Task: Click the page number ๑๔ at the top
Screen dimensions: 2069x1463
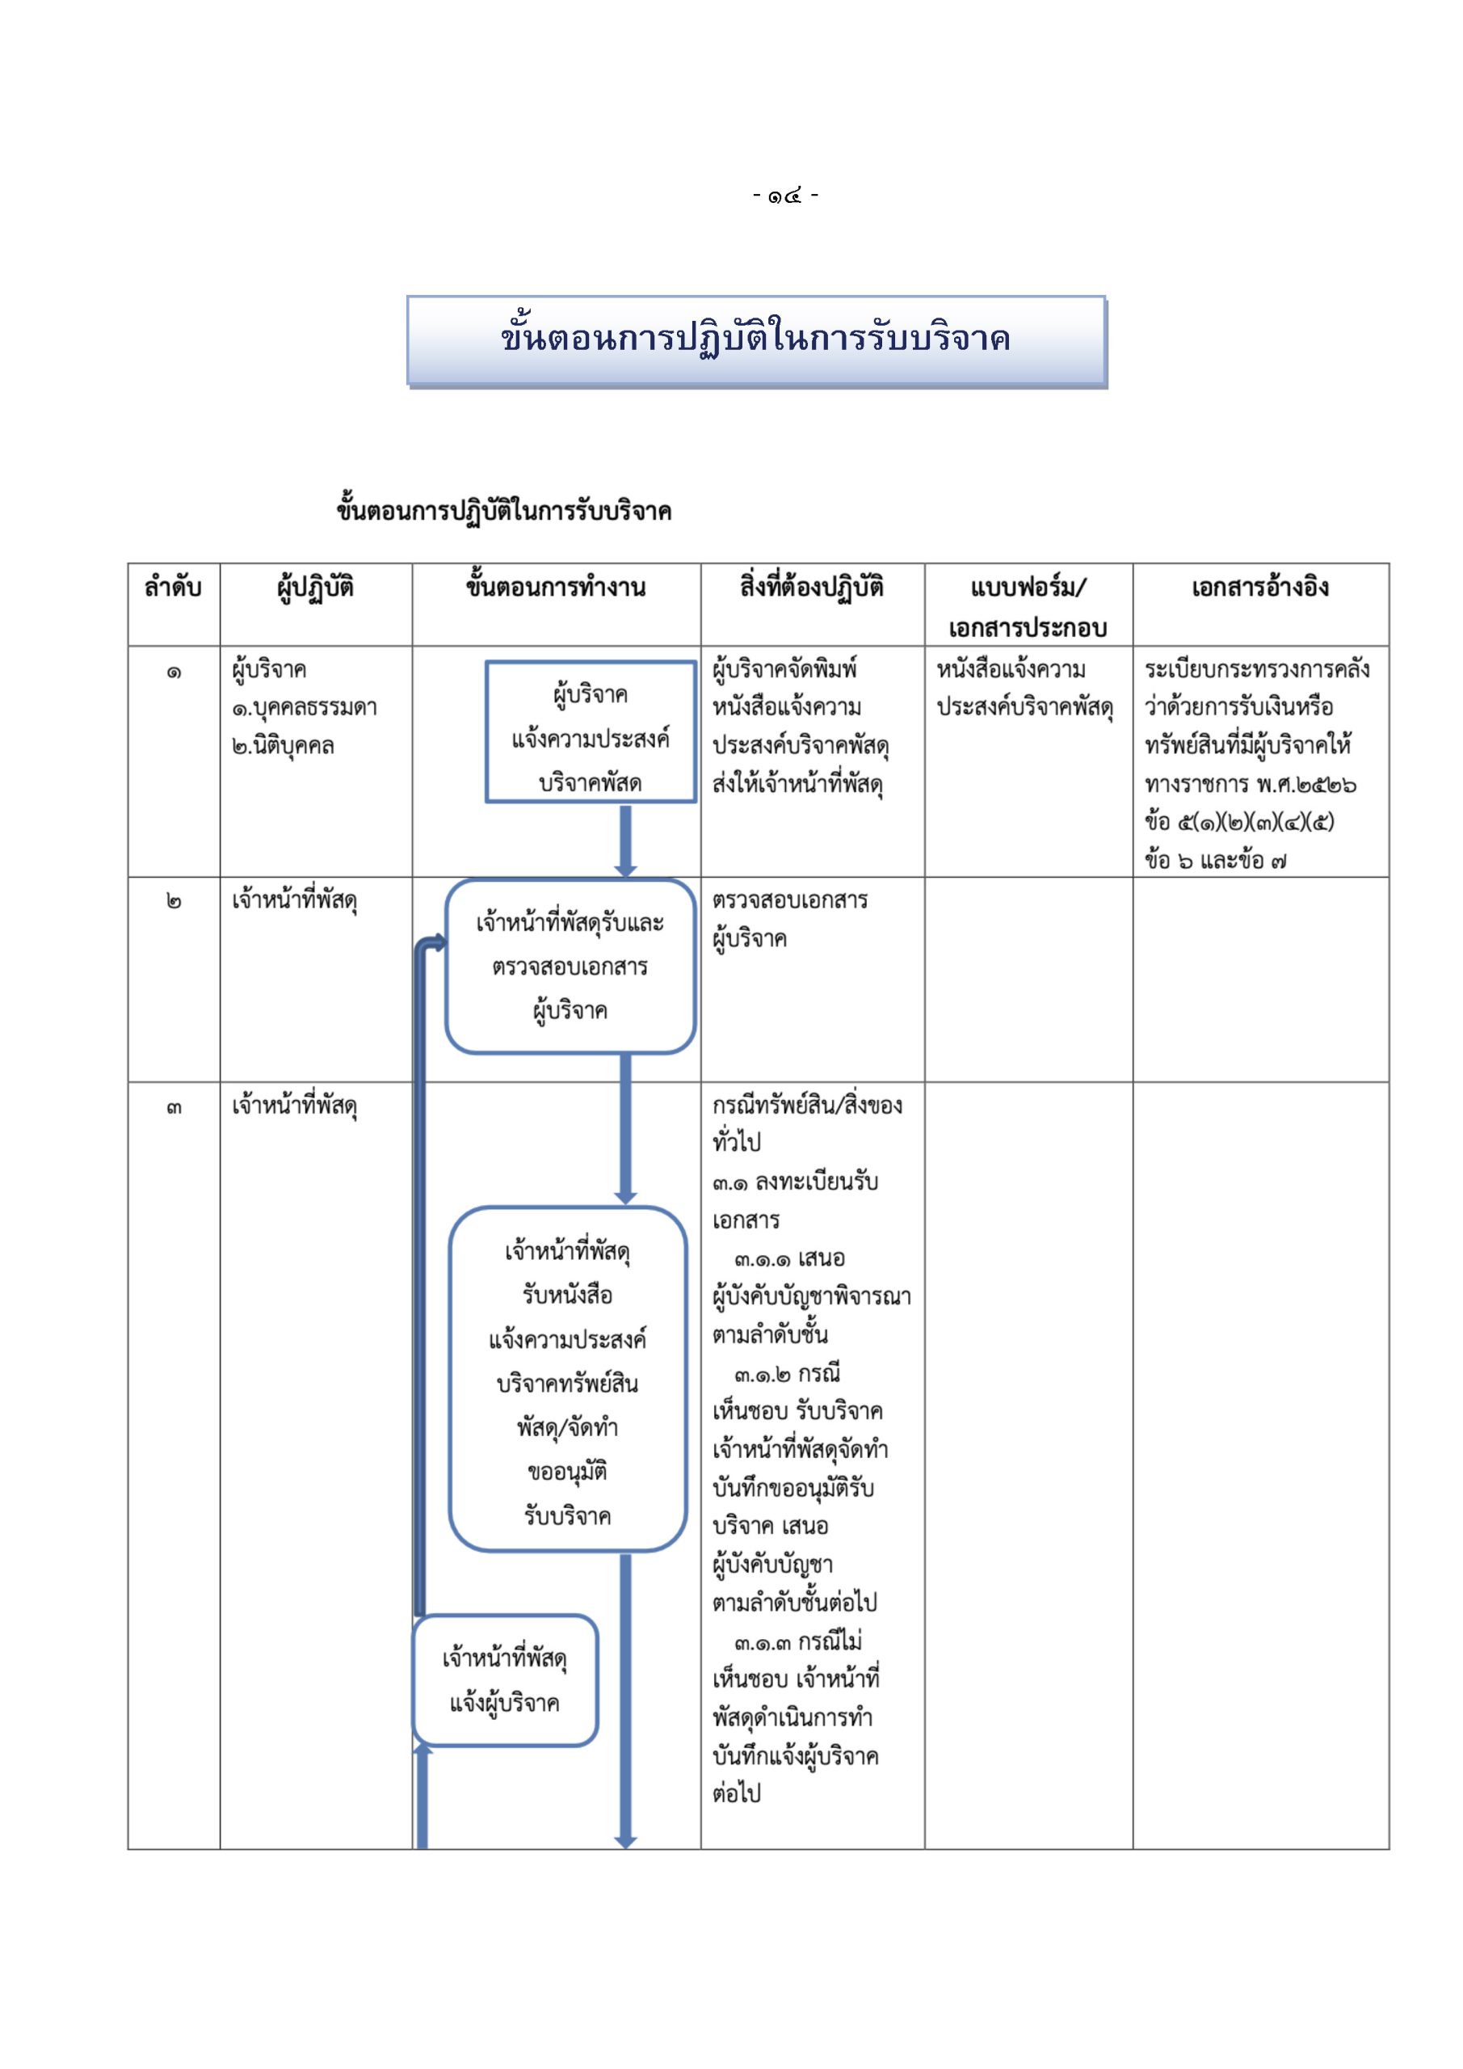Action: (x=784, y=196)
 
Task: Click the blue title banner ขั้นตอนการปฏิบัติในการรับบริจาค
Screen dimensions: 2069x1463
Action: (x=756, y=340)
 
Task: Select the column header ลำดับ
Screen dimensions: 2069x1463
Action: (x=173, y=588)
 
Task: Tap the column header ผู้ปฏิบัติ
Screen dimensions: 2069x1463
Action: (x=315, y=588)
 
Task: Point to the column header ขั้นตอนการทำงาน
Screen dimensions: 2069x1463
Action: (x=556, y=588)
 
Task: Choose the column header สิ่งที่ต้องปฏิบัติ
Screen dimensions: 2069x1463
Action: (x=812, y=588)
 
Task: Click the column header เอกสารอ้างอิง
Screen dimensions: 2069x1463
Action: (x=1259, y=588)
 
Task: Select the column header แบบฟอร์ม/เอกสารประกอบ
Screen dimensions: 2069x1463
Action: (x=1028, y=607)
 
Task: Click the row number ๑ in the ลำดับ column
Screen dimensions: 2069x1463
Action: (x=173, y=672)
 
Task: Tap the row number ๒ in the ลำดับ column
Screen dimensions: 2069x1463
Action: (x=173, y=902)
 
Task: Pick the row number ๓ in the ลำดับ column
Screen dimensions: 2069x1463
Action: (x=173, y=1107)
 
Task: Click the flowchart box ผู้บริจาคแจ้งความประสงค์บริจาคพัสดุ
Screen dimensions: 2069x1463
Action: (x=590, y=731)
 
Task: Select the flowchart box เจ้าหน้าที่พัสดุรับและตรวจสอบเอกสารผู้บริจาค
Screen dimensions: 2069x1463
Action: (x=570, y=966)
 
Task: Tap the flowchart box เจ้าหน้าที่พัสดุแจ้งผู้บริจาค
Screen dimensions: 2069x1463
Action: (x=504, y=1680)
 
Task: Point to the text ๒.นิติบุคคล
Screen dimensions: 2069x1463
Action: (x=283, y=747)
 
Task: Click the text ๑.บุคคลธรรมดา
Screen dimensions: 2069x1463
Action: (x=304, y=709)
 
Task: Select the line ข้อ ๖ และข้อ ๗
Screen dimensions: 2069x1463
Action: (x=1215, y=861)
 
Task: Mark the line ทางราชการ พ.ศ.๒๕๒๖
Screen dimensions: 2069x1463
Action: (x=1251, y=785)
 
